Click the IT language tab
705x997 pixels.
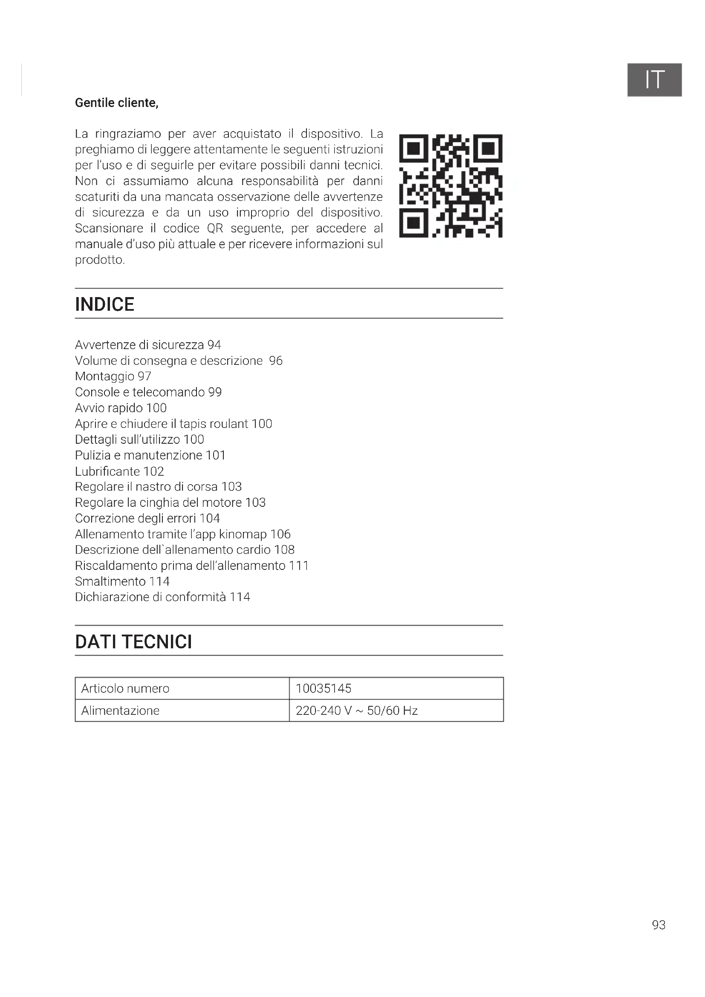tap(654, 80)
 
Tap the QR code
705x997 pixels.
tap(451, 186)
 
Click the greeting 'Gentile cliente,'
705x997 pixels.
tap(117, 103)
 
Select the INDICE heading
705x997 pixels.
tap(104, 304)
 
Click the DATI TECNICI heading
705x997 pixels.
tap(133, 642)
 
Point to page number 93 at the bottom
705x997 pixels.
tap(659, 925)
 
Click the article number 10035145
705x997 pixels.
tap(324, 688)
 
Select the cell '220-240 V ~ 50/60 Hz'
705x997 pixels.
tap(356, 711)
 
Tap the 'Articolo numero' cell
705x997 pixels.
tap(125, 688)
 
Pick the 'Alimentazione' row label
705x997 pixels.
tap(120, 711)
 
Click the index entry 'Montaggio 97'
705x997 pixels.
tap(113, 376)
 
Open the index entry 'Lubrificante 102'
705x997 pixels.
tap(119, 471)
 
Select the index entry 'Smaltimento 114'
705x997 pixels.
tap(122, 581)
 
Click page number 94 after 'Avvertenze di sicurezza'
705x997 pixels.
tap(214, 345)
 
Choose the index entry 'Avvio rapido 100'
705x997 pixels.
tap(121, 408)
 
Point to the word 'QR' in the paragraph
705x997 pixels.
tap(215, 228)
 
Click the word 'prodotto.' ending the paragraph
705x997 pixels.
tap(100, 260)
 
